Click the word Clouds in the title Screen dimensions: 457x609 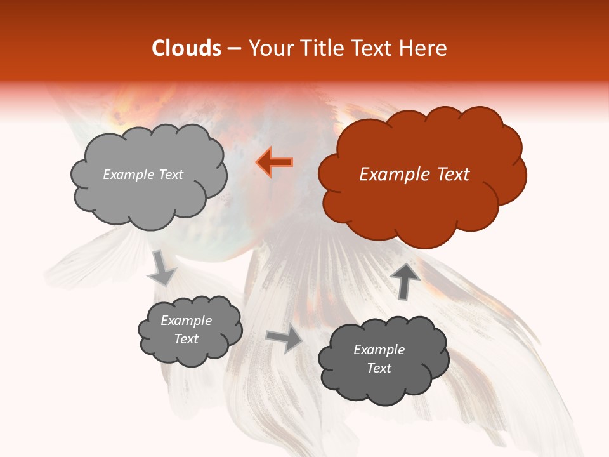tap(187, 48)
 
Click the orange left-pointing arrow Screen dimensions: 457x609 tap(275, 162)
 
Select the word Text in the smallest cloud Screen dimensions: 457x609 tap(187, 339)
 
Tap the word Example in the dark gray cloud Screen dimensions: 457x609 tap(379, 350)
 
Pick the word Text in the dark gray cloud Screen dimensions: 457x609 tap(379, 368)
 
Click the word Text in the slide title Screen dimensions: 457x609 tap(376, 48)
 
